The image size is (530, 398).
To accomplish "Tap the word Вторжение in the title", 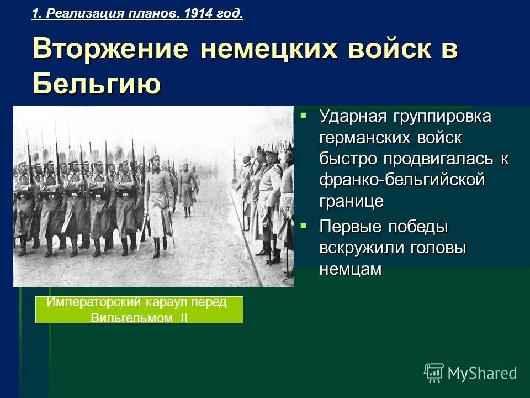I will pyautogui.click(x=110, y=50).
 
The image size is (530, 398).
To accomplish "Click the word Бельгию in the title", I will pyautogui.click(x=97, y=83).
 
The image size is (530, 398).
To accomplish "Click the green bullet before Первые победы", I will pyautogui.click(x=303, y=226).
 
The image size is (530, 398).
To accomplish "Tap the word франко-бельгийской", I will pyautogui.click(x=401, y=180).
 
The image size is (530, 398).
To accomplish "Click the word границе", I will pyautogui.click(x=351, y=201).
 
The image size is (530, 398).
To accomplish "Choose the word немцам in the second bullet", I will pyautogui.click(x=350, y=269).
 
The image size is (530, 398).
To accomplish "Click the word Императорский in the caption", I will pyautogui.click(x=94, y=303).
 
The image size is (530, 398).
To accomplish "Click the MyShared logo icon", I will pyautogui.click(x=434, y=373).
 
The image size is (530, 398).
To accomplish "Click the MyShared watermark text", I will pyautogui.click(x=482, y=374).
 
